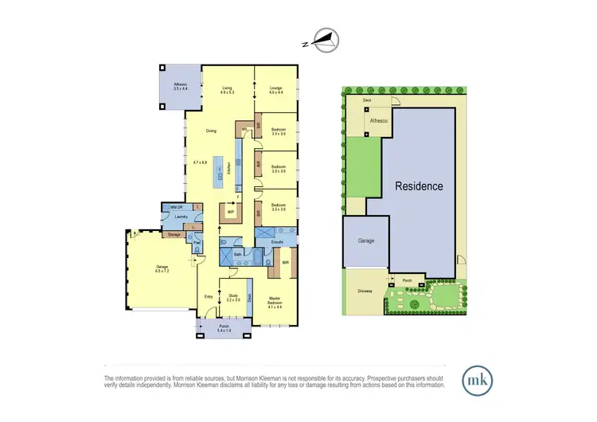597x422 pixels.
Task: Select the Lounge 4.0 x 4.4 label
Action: [276, 91]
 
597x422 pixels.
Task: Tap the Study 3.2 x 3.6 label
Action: [233, 299]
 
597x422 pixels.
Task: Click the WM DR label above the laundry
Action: [170, 207]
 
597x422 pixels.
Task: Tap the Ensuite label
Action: [278, 240]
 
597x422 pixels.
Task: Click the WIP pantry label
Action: [230, 213]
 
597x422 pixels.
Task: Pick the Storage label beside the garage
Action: [174, 235]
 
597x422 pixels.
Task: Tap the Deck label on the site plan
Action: [367, 101]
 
